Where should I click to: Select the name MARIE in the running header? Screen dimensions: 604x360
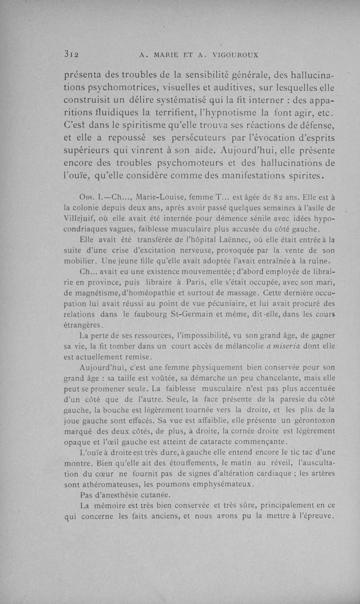[169, 56]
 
